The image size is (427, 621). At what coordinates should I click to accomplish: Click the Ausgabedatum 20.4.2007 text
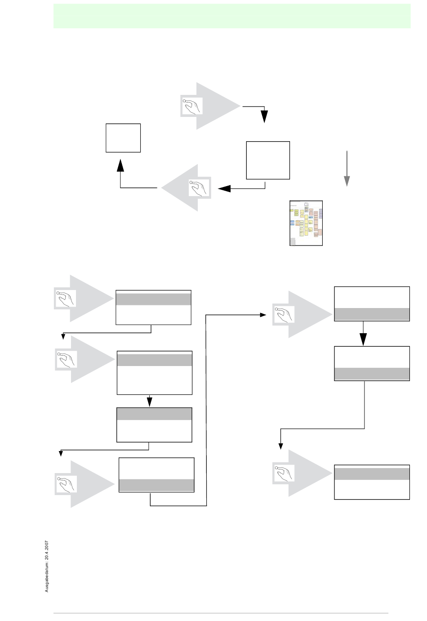[x=47, y=566]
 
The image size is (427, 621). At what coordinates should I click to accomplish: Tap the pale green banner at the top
[x=232, y=16]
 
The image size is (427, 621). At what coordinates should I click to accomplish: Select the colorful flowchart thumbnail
[x=306, y=223]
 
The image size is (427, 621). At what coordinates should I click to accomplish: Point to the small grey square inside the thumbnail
[x=293, y=242]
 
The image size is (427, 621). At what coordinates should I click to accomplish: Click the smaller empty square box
[x=123, y=138]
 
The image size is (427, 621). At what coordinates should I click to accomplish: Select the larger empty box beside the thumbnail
[x=268, y=161]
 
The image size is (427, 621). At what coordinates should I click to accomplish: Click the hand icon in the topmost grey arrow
[x=191, y=106]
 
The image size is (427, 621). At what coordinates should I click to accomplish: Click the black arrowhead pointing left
[x=224, y=188]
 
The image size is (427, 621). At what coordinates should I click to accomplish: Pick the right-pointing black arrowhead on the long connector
[x=263, y=315]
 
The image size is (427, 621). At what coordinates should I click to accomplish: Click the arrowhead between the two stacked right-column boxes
[x=363, y=339]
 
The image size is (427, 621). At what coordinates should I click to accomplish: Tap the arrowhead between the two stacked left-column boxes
[x=150, y=401]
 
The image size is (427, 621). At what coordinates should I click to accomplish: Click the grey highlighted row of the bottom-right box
[x=372, y=474]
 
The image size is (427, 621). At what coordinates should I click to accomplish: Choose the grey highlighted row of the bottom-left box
[x=156, y=485]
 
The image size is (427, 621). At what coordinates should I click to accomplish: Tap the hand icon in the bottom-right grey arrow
[x=284, y=474]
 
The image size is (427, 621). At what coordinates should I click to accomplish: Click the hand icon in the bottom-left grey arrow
[x=66, y=484]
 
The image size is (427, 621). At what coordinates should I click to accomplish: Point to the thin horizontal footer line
[x=220, y=613]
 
